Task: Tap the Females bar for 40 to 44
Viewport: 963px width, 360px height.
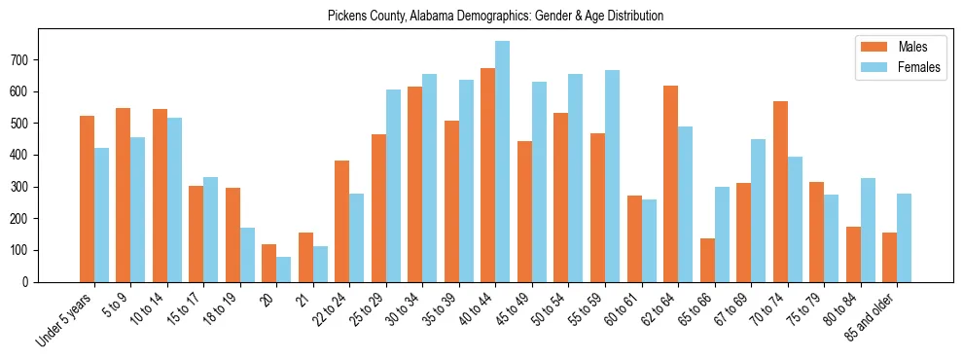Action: pos(502,162)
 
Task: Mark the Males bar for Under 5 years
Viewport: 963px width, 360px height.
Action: pos(87,198)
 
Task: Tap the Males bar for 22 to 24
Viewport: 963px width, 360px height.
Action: pos(342,221)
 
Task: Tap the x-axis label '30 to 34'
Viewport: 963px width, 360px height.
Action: pos(403,310)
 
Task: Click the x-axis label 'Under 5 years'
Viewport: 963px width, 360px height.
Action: pos(66,319)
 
